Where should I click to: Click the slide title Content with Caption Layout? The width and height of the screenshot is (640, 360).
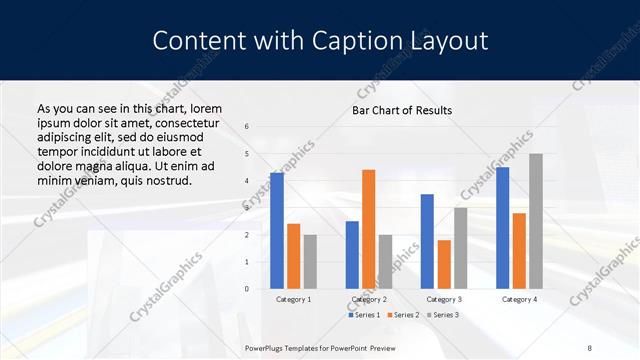320,41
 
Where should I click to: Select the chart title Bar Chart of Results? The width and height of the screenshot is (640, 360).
402,110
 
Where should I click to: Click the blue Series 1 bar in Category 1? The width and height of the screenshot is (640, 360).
277,231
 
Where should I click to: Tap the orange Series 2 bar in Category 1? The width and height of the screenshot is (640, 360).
294,256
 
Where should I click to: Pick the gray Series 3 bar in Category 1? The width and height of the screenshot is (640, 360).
310,262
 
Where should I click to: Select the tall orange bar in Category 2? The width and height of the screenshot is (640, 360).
369,229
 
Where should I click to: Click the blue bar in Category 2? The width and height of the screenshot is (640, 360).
352,255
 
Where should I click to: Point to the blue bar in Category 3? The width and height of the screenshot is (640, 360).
427,241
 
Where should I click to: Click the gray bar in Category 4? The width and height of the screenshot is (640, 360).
536,221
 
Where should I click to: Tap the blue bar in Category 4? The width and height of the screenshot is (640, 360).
502,228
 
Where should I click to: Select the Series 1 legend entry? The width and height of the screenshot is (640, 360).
365,315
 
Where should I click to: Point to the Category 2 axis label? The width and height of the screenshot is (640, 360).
369,299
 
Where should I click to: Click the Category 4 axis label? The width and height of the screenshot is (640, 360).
518,299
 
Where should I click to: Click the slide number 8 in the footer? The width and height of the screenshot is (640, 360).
590,348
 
